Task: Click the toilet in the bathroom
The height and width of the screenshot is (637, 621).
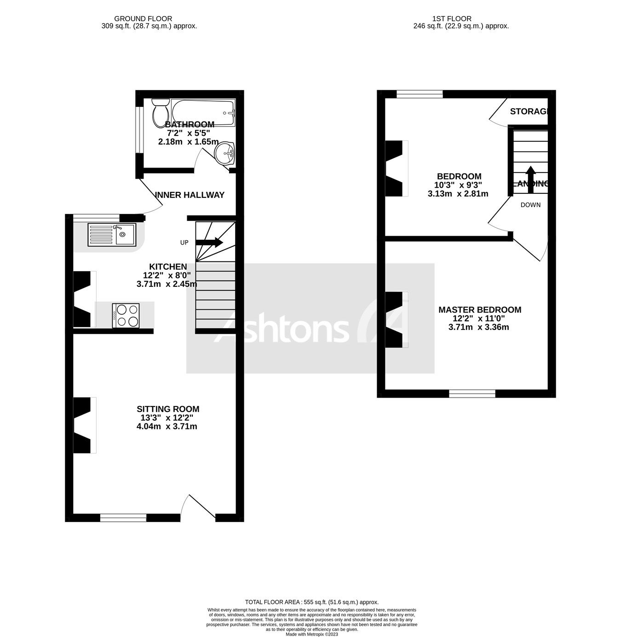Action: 160,110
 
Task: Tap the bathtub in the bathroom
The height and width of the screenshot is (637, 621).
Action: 203,112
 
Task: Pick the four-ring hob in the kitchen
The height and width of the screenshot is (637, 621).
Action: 126,315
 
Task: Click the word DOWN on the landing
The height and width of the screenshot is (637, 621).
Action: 530,205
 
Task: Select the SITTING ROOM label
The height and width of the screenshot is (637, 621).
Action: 168,409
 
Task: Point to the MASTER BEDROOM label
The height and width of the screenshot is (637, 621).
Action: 480,310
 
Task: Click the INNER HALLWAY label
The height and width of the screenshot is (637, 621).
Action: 190,195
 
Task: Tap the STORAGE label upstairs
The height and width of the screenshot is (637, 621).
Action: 529,111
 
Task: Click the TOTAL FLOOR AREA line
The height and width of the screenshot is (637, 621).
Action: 311,602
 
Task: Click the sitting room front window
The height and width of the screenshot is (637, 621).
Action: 123,518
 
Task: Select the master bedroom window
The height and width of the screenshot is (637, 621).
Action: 472,394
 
